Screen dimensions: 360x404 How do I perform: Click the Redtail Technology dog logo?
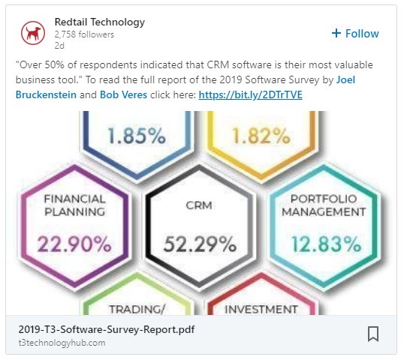click(32, 33)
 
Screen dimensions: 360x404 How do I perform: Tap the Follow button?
click(355, 34)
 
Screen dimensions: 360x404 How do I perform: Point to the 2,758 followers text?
click(84, 34)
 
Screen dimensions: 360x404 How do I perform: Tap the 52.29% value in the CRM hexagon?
click(200, 244)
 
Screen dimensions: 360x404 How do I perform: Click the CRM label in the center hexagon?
click(200, 204)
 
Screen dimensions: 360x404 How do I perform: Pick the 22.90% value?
click(75, 244)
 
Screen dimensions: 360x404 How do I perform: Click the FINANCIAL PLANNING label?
click(75, 205)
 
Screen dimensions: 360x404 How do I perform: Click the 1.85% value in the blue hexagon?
click(137, 136)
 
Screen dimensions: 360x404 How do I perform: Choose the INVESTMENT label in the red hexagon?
click(261, 309)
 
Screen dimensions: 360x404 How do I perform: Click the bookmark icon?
click(373, 334)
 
